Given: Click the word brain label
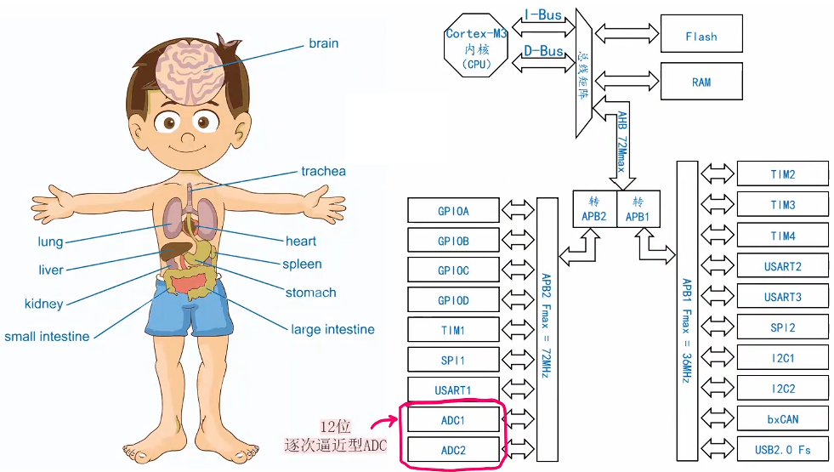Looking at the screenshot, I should pos(323,43).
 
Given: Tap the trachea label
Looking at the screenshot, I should pos(323,171).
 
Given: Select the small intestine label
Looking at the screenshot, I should pos(47,336).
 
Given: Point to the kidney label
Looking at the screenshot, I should pos(43,304).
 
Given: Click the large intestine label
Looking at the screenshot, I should pos(332,329).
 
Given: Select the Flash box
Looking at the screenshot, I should pos(701,37).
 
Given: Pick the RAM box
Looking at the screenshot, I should pos(701,82).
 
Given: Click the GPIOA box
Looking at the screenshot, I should pos(453,210).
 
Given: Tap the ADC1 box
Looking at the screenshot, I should pos(453,420).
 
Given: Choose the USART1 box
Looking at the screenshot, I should pos(453,390).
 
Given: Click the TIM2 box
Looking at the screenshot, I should pos(782,174).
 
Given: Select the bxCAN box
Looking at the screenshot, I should pos(782,418).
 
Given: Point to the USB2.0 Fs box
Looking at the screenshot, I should pos(782,449).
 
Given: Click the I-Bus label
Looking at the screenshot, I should pos(542,15).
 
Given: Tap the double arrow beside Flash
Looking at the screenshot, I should pos(627,33).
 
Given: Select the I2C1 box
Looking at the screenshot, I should pos(782,358).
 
